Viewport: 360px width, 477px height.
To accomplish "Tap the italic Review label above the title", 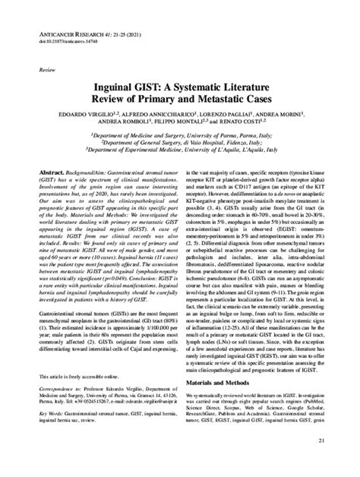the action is point(35,68).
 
